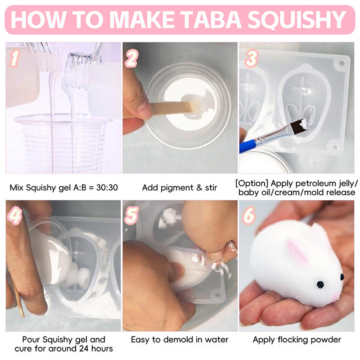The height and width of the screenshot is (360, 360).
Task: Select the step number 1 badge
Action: click(14, 57)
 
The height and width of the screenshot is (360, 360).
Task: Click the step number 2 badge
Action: click(131, 57)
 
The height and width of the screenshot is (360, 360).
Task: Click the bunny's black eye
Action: click(320, 284)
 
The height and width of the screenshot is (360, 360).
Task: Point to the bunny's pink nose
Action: click(335, 297)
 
